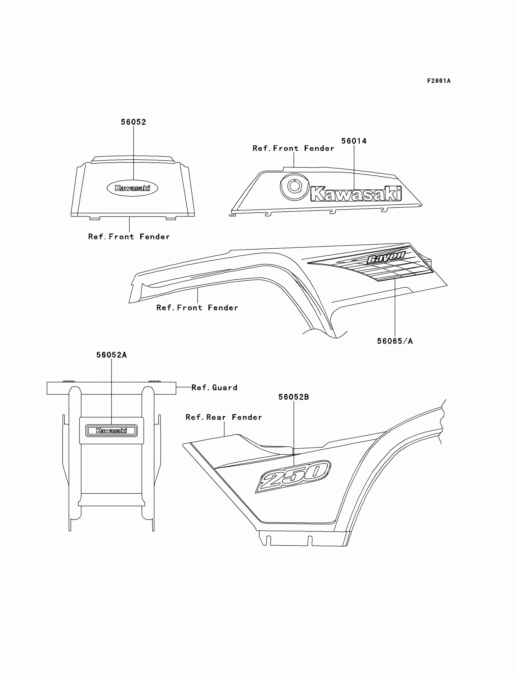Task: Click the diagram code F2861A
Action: pos(439,81)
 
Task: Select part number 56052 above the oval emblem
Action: pos(133,122)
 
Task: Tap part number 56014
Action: pos(354,141)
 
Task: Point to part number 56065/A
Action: pos(395,341)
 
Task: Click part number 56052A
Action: pos(111,355)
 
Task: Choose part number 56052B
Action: pos(293,397)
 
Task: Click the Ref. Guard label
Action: pos(214,387)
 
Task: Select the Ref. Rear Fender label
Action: pos(224,417)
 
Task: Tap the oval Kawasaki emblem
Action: pos(132,188)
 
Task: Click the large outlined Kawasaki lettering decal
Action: pos(356,194)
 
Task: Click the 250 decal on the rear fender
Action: pos(293,476)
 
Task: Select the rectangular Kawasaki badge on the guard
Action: pos(111,431)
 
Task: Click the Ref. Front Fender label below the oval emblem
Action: pos(129,237)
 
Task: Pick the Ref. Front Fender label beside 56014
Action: pos(293,148)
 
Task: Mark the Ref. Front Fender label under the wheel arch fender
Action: pos(197,308)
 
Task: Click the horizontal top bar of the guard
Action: pos(111,388)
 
